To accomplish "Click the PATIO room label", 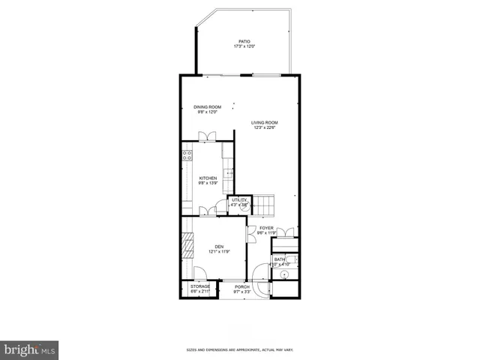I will click(x=244, y=41).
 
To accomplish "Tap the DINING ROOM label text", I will click(x=208, y=107).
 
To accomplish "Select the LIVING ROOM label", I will click(x=265, y=122).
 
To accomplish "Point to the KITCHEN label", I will click(x=208, y=178).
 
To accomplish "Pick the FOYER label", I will click(x=267, y=228).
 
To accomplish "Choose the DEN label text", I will click(x=219, y=247).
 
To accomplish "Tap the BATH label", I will click(x=279, y=259).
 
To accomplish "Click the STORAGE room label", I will click(x=199, y=286).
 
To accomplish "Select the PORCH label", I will click(x=241, y=286).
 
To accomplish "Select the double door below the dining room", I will click(x=208, y=136).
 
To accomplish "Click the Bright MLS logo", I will click(x=30, y=349).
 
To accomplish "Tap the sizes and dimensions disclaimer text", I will click(x=240, y=350).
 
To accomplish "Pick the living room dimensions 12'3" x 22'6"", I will click(x=265, y=127).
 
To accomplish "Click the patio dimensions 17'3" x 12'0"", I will click(x=244, y=46).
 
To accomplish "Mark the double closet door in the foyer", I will click(x=284, y=232).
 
